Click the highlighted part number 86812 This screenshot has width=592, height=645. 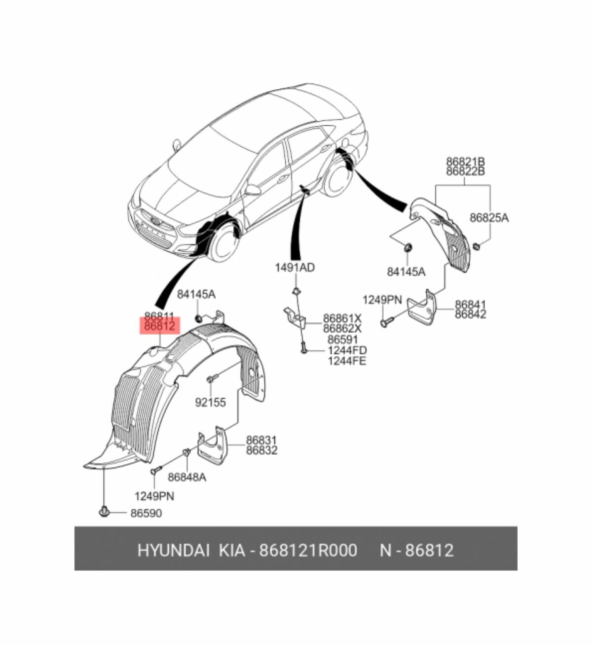[160, 326]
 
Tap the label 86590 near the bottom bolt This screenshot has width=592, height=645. [146, 513]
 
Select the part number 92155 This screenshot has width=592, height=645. [210, 403]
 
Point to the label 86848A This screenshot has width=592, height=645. [187, 477]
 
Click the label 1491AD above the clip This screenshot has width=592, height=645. [295, 268]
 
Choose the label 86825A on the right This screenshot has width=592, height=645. [488, 217]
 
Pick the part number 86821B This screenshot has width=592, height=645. [465, 161]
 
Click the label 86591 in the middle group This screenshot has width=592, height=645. [343, 339]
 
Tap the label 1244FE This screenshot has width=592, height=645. [347, 361]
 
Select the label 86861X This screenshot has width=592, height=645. [342, 318]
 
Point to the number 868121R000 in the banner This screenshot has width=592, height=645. [308, 550]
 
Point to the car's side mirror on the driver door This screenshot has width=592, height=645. [253, 190]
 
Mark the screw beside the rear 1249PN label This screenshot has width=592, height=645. [386, 322]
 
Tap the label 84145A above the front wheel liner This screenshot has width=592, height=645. [196, 294]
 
